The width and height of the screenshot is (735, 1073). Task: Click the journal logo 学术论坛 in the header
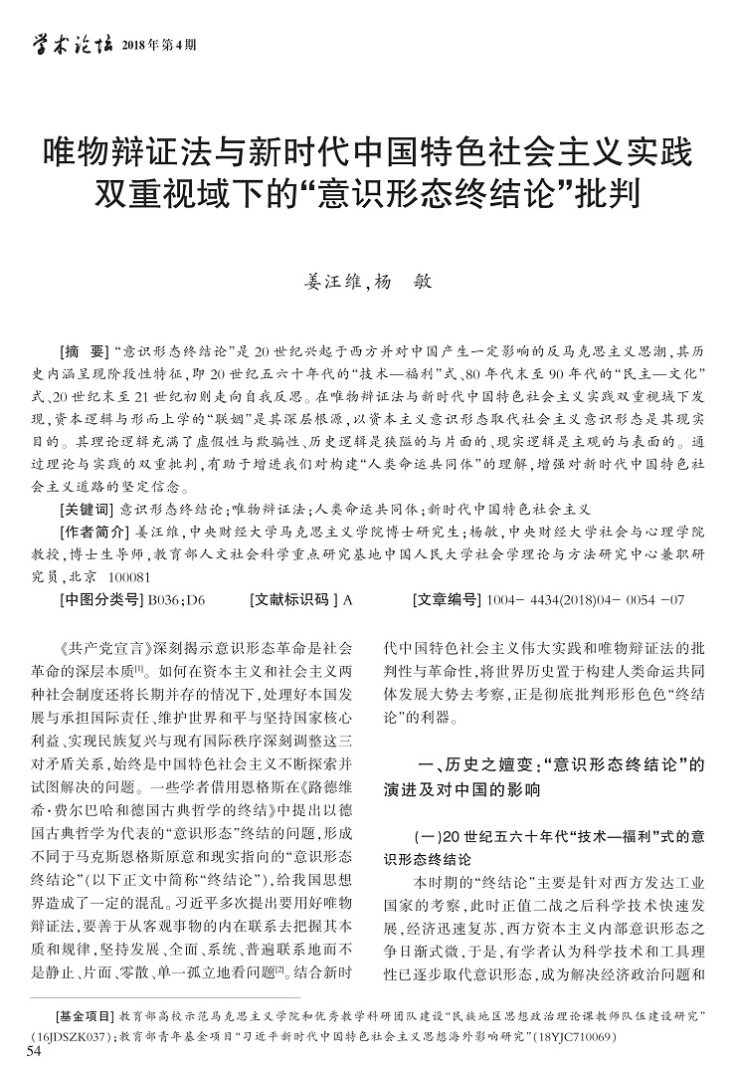[69, 44]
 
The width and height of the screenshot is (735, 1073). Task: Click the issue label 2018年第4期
[158, 46]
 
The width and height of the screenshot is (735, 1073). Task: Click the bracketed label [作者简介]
[94, 531]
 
